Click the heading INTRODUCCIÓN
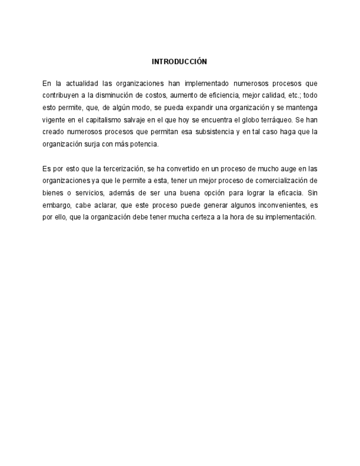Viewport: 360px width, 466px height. [x=179, y=62]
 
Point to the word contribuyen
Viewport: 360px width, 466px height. [x=59, y=96]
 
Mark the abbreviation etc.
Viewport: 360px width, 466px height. [x=291, y=96]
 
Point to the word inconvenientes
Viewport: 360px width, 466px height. [x=268, y=204]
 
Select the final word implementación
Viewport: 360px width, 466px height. [x=291, y=217]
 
